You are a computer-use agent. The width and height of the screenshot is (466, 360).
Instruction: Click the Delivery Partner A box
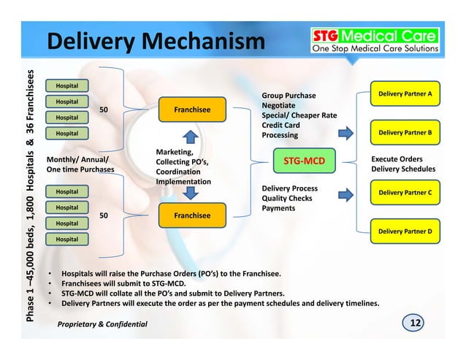405,95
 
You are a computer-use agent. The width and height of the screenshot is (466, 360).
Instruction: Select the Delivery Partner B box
405,132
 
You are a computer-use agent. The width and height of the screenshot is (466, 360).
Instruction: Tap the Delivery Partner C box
405,193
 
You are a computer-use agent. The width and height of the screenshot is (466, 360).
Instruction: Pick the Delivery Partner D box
405,231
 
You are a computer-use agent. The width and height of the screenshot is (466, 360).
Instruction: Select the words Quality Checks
287,198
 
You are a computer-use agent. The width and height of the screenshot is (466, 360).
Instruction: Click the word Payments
278,208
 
